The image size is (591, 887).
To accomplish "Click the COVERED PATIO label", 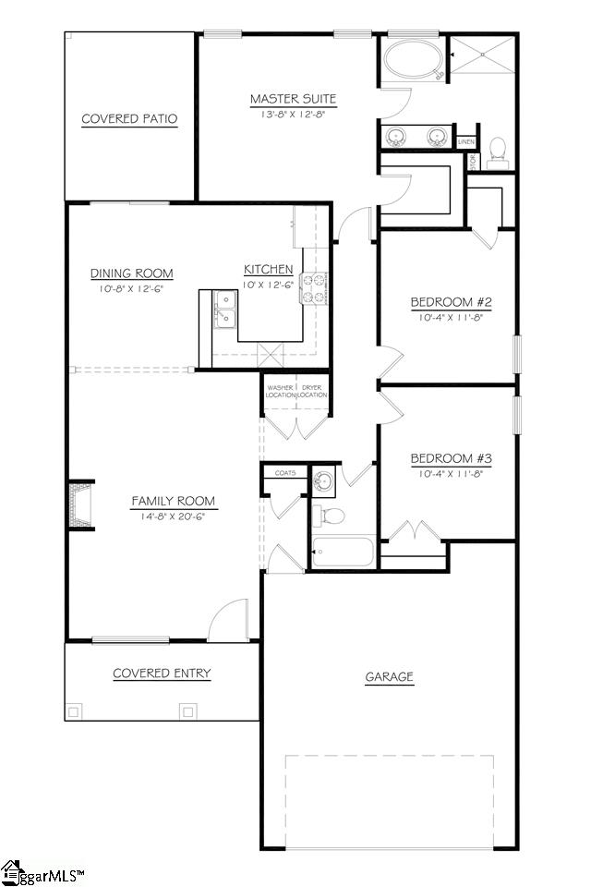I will (x=129, y=119).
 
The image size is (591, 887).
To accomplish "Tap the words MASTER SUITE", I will (x=293, y=99).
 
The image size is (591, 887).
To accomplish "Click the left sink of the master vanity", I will (x=397, y=137).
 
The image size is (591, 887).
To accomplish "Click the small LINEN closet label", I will (x=466, y=141).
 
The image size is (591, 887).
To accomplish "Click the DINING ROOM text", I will (x=131, y=273).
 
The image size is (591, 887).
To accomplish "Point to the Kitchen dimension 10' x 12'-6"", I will (x=268, y=285).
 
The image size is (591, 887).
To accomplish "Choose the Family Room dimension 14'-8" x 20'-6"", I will (x=173, y=516).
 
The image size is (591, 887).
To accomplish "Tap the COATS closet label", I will (x=285, y=472).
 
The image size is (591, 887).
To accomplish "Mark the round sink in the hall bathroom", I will (x=323, y=481).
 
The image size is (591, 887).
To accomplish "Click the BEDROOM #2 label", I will (x=447, y=302).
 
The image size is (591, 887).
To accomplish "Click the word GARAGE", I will (x=389, y=677).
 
